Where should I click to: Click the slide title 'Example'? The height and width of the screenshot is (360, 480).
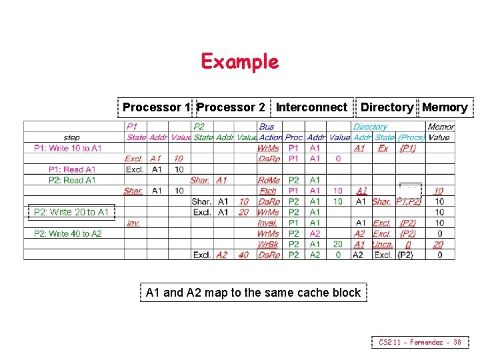tap(239, 62)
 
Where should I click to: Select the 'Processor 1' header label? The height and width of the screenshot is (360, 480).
tap(157, 107)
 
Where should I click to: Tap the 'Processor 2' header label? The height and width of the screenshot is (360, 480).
tap(231, 107)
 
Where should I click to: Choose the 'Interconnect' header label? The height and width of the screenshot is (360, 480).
tap(311, 107)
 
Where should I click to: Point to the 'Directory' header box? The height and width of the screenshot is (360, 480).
tap(387, 107)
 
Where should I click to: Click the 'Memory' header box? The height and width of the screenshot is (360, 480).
tap(445, 107)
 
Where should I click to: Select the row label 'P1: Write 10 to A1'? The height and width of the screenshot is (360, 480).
tap(68, 148)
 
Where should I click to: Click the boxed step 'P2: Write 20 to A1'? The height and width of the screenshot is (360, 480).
tap(71, 212)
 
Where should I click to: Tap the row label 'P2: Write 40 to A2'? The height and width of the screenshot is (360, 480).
tap(68, 233)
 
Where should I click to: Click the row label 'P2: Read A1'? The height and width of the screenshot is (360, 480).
tap(72, 180)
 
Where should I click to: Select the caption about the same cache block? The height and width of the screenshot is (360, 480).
tap(253, 292)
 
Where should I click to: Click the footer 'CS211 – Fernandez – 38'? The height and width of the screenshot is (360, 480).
tap(420, 342)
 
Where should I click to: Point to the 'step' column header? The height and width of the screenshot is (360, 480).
tap(72, 137)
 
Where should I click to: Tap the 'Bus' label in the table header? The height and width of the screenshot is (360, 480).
tap(266, 127)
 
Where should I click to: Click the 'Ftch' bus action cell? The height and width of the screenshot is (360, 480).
tap(268, 191)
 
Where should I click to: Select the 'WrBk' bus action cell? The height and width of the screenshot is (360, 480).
tap(268, 244)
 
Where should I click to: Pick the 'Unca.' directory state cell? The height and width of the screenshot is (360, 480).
tap(382, 244)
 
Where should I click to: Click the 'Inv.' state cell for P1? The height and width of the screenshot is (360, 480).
tap(133, 223)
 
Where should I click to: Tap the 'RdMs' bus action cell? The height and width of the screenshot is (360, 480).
tap(268, 180)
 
